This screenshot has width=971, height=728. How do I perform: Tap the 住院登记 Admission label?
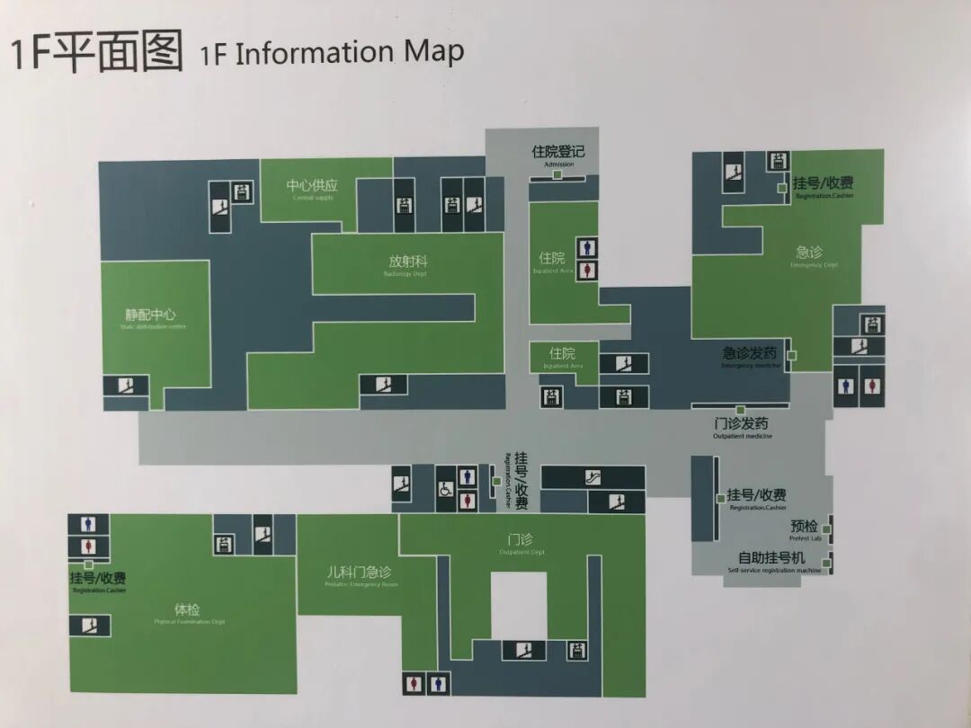coord(558,154)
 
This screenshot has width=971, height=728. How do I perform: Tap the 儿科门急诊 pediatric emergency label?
coord(359,574)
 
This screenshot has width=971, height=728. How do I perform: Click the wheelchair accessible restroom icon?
coord(445,490)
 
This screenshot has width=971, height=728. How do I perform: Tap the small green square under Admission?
coord(557,174)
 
